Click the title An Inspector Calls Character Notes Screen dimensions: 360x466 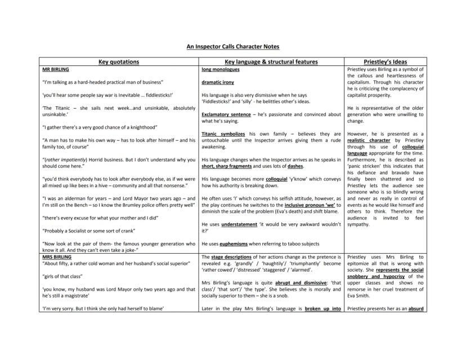[x=233, y=47]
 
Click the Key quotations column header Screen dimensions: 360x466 [x=119, y=62]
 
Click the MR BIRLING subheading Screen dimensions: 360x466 [x=56, y=70]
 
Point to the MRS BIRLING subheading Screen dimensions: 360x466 [x=57, y=256]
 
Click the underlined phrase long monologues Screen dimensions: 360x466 [x=220, y=70]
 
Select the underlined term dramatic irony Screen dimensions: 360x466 [x=218, y=82]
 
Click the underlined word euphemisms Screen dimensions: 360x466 [x=232, y=244]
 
